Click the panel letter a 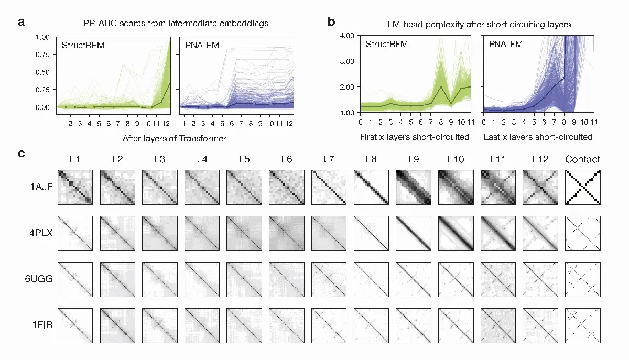pyautogui.click(x=21, y=22)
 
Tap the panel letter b pyautogui.click(x=331, y=21)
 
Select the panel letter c pyautogui.click(x=21, y=154)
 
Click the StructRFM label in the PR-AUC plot pyautogui.click(x=83, y=45)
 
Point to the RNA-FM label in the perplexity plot pyautogui.click(x=505, y=44)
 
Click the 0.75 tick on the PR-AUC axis pyautogui.click(x=42, y=54)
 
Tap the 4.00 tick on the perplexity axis pyautogui.click(x=347, y=36)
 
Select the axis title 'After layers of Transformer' pyautogui.click(x=175, y=138)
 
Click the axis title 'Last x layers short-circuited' pyautogui.click(x=538, y=137)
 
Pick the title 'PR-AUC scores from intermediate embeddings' pyautogui.click(x=176, y=23)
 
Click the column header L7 pyautogui.click(x=329, y=159)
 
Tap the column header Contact pyautogui.click(x=583, y=159)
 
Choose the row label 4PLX pyautogui.click(x=41, y=233)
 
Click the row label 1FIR pyautogui.click(x=42, y=325)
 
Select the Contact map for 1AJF pyautogui.click(x=583, y=187)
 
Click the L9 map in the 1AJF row pyautogui.click(x=414, y=187)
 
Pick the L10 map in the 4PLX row pyautogui.click(x=456, y=233)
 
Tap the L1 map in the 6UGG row pyautogui.click(x=75, y=279)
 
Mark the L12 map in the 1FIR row pyautogui.click(x=540, y=325)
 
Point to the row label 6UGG pyautogui.click(x=39, y=279)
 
